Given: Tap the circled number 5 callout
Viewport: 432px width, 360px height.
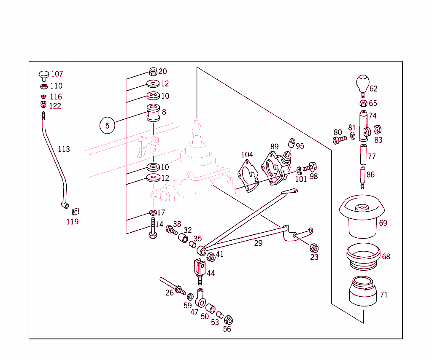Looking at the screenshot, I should point(107,125).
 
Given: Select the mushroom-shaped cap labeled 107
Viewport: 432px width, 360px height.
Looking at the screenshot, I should point(44,75).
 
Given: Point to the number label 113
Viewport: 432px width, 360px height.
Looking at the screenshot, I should point(64,149).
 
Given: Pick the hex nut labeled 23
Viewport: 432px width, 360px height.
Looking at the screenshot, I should point(313,247).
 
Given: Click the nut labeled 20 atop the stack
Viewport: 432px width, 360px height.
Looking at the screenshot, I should point(153,71).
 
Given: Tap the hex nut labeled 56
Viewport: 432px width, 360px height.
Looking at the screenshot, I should point(228,320).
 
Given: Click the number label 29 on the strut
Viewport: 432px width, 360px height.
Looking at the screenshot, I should point(258,243).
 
